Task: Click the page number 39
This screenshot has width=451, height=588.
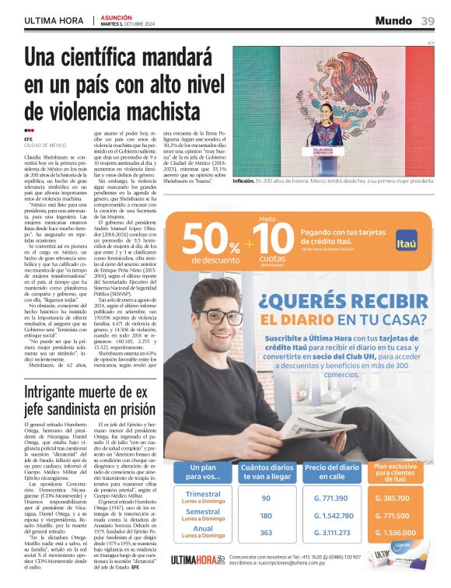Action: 428,20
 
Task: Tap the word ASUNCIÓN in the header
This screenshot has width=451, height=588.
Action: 117,16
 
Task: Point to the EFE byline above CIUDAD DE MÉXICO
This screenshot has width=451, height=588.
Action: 29,139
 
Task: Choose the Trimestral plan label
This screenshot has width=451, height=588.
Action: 204,494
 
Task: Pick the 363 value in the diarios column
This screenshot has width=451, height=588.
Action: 266,533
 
